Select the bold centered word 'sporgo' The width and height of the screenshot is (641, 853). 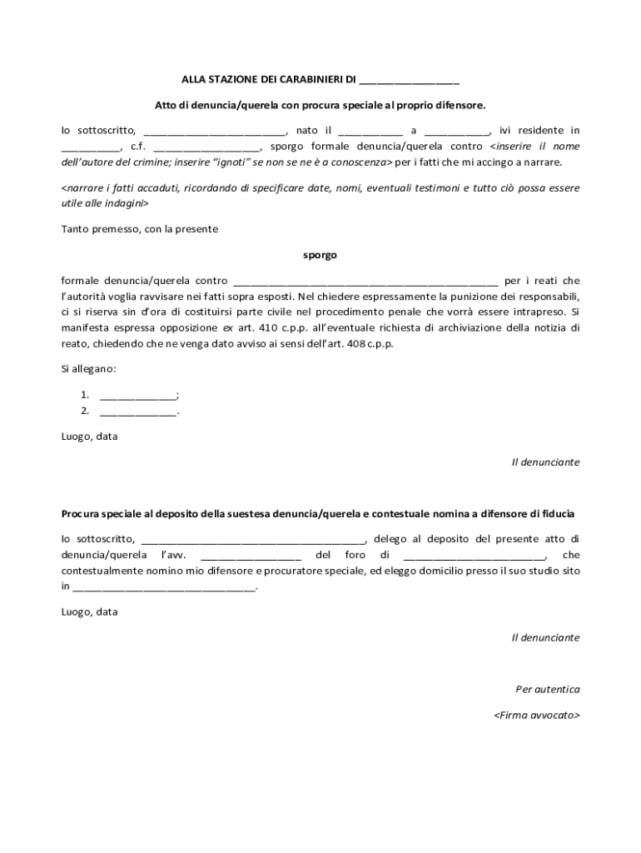pyautogui.click(x=320, y=255)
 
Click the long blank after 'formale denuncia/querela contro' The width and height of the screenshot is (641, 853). pyautogui.click(x=365, y=282)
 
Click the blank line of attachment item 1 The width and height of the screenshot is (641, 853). pyautogui.click(x=137, y=395)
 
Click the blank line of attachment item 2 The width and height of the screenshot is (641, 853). pyautogui.click(x=137, y=411)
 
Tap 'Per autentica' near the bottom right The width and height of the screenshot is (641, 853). pyautogui.click(x=547, y=690)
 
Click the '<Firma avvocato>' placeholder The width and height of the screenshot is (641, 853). pyautogui.click(x=536, y=716)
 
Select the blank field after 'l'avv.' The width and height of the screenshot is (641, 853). pyautogui.click(x=251, y=556)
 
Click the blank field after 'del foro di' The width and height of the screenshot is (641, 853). pyautogui.click(x=474, y=556)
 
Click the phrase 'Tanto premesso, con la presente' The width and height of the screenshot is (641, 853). pyautogui.click(x=140, y=229)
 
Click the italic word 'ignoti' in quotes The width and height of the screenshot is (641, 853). pyautogui.click(x=231, y=162)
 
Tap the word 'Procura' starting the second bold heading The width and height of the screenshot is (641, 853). pyautogui.click(x=80, y=514)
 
